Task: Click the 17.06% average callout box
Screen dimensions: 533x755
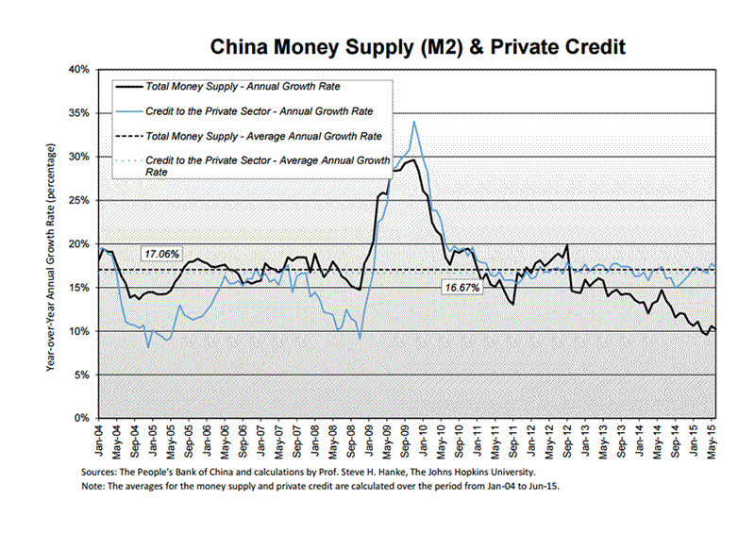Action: [x=160, y=254]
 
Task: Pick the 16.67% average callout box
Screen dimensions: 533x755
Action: [x=463, y=286]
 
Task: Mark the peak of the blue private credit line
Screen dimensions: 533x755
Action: [x=413, y=121]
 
